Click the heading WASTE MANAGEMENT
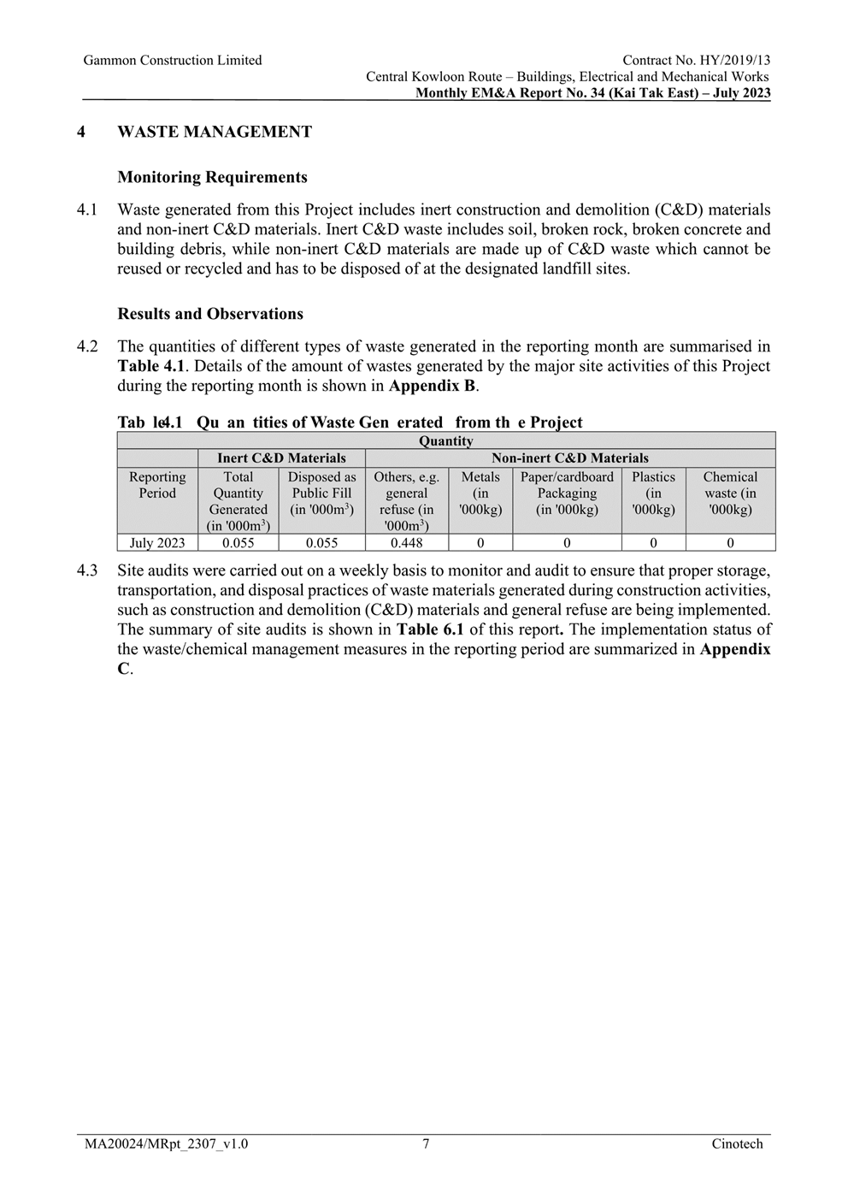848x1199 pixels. point(215,132)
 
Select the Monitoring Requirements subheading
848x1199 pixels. point(212,177)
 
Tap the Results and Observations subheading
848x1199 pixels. point(210,314)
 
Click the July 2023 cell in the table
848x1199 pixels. point(157,543)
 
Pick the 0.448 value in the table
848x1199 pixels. point(406,543)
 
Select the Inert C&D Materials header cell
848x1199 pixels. point(281,458)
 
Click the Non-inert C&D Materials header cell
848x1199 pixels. point(569,458)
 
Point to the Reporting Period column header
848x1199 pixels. point(157,485)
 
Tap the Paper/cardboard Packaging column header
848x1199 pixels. point(567,493)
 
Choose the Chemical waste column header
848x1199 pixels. point(730,493)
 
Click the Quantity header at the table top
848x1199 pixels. point(445,441)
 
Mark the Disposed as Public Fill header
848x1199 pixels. point(321,493)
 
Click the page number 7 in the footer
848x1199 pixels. point(426,1144)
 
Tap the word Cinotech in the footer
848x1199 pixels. point(737,1144)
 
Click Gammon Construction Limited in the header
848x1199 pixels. point(173,60)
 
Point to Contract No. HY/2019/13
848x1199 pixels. point(696,60)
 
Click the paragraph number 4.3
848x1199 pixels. point(87,570)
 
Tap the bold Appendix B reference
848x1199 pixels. point(432,386)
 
